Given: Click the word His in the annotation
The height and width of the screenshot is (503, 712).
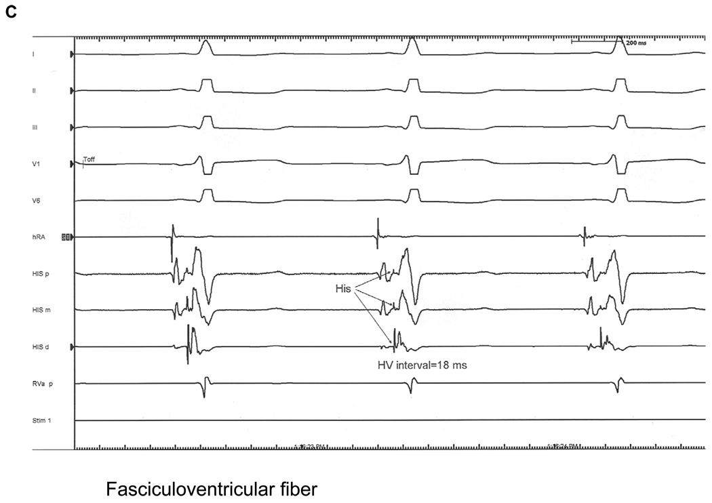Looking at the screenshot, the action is [344, 288].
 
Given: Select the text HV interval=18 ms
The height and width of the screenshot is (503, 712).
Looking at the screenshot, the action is [423, 365].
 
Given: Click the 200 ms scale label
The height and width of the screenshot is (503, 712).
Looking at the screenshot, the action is [636, 42].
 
